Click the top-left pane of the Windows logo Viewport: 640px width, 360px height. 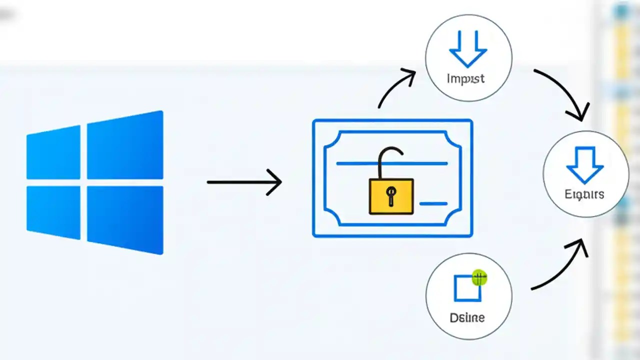pos(54,153)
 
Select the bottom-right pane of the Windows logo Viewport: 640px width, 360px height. pos(125,219)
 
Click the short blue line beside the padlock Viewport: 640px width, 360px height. pos(433,203)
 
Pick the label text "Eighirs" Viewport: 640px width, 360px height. pos(584,194)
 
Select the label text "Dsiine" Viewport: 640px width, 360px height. pos(467,317)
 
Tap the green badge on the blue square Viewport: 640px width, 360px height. pos(479,277)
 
